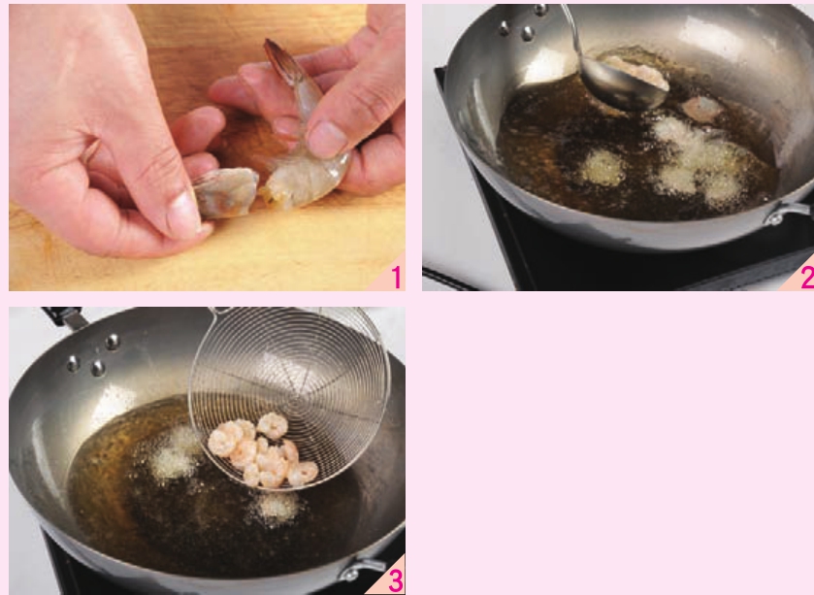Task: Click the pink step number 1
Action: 397,278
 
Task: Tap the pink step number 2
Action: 807,278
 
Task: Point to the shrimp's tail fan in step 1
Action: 279,58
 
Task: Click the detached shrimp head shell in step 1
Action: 226,192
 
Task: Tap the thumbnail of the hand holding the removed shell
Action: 183,213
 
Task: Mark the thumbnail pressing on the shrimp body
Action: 327,139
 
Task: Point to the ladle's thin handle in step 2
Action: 572,32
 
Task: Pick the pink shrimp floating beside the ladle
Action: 702,109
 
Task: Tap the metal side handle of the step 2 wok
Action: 788,212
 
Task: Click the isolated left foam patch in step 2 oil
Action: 602,167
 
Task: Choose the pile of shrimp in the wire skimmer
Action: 263,449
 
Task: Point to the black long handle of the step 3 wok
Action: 63,315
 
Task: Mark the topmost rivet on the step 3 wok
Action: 113,342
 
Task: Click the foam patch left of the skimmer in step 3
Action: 174,454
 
